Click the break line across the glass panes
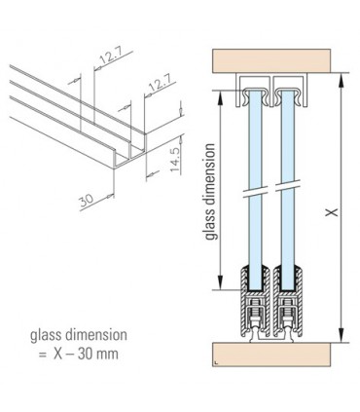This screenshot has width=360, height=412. pos(270,192)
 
